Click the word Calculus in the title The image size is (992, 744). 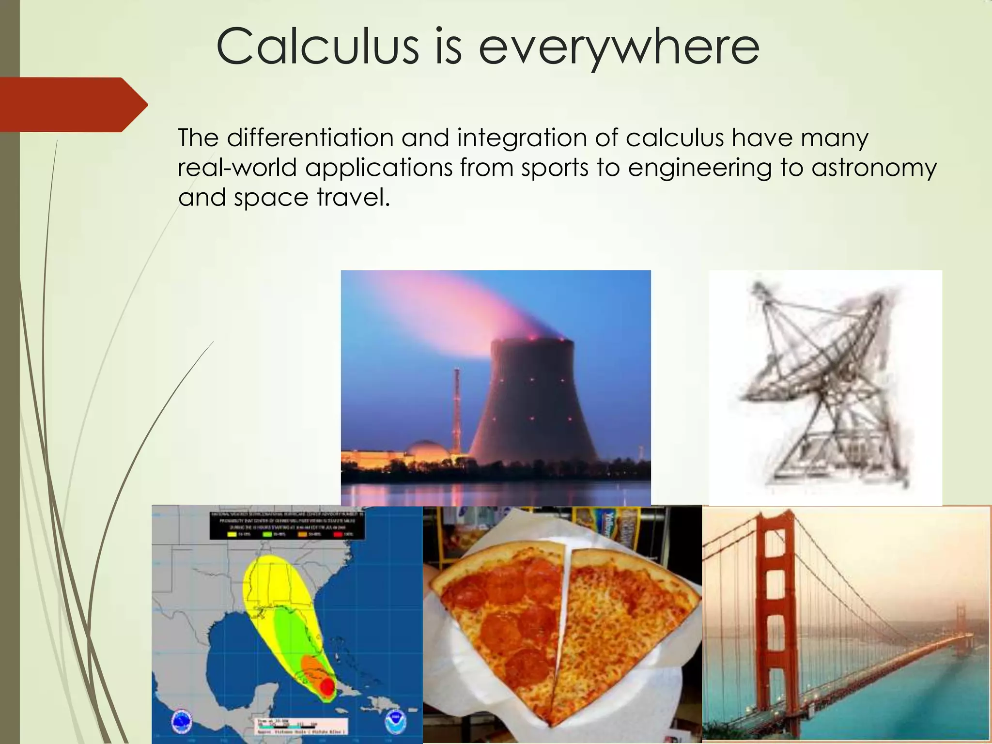click(x=317, y=47)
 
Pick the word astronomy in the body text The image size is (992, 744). click(x=874, y=168)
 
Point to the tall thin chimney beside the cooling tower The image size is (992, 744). click(x=456, y=407)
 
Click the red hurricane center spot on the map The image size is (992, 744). click(x=327, y=686)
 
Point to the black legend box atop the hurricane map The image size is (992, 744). click(x=287, y=525)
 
